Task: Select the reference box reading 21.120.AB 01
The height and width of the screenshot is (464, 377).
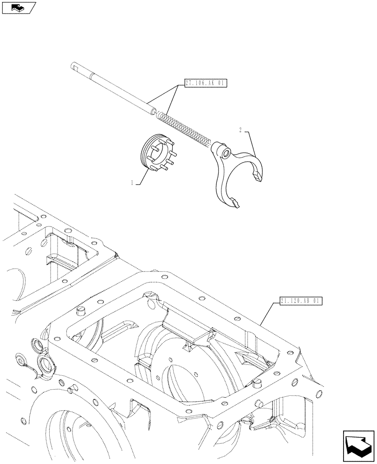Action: (301, 301)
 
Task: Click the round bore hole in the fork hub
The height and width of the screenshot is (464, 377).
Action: (225, 153)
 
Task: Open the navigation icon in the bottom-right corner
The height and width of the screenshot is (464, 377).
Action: (358, 445)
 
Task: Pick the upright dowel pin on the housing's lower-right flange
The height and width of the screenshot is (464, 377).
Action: (256, 381)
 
